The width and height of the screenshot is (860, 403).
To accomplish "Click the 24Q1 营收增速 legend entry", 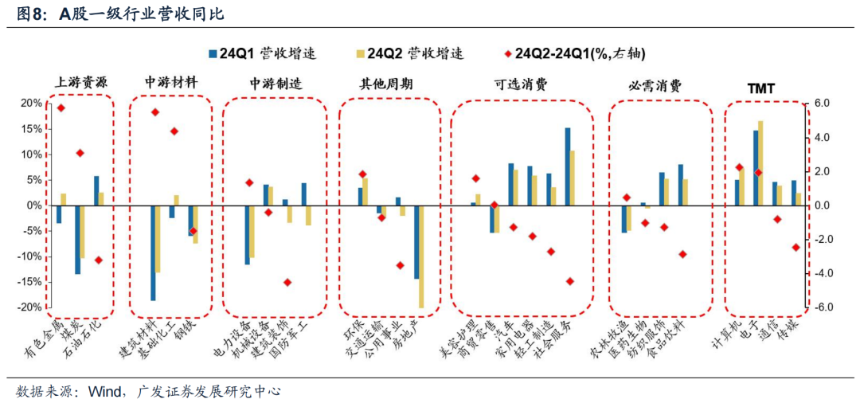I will (x=262, y=53).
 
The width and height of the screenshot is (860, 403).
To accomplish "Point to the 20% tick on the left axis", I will (x=31, y=104).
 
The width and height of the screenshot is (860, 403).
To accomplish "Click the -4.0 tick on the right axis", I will (x=822, y=273).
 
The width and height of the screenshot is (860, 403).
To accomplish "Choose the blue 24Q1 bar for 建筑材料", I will (x=153, y=252).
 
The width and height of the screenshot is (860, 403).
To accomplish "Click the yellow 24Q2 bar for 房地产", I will (x=421, y=256).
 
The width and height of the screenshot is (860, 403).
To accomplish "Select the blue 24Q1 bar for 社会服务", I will (x=568, y=166).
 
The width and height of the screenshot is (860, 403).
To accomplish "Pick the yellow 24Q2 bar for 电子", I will (x=760, y=163).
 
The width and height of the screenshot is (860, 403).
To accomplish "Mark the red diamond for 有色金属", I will (x=61, y=108).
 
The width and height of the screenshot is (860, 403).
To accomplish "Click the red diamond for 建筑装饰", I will (x=287, y=282).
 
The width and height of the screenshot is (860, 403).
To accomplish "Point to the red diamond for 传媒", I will (x=795, y=247).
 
